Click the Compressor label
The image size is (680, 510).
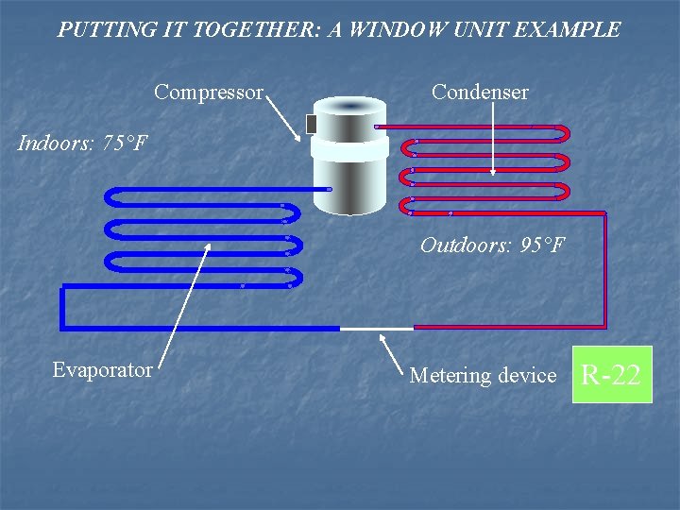pyautogui.click(x=209, y=93)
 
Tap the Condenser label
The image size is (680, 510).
pyautogui.click(x=480, y=93)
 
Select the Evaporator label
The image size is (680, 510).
pyautogui.click(x=102, y=370)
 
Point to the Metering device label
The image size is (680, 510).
pyautogui.click(x=483, y=376)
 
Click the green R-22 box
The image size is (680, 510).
pyautogui.click(x=611, y=375)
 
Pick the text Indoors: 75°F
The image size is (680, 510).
pyautogui.click(x=83, y=144)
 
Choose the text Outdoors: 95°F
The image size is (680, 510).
pyautogui.click(x=492, y=246)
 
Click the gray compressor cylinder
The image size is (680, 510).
pyautogui.click(x=349, y=184)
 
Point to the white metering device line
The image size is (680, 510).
pyautogui.click(x=376, y=329)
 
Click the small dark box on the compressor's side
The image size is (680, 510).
pyautogui.click(x=311, y=124)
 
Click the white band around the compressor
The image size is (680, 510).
pyautogui.click(x=349, y=148)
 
